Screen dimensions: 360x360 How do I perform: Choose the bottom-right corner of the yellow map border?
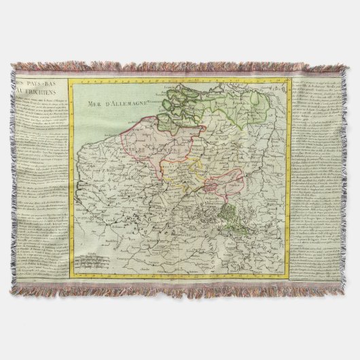pos(288,275)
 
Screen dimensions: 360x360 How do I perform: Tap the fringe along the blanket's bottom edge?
pos(180,291)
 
